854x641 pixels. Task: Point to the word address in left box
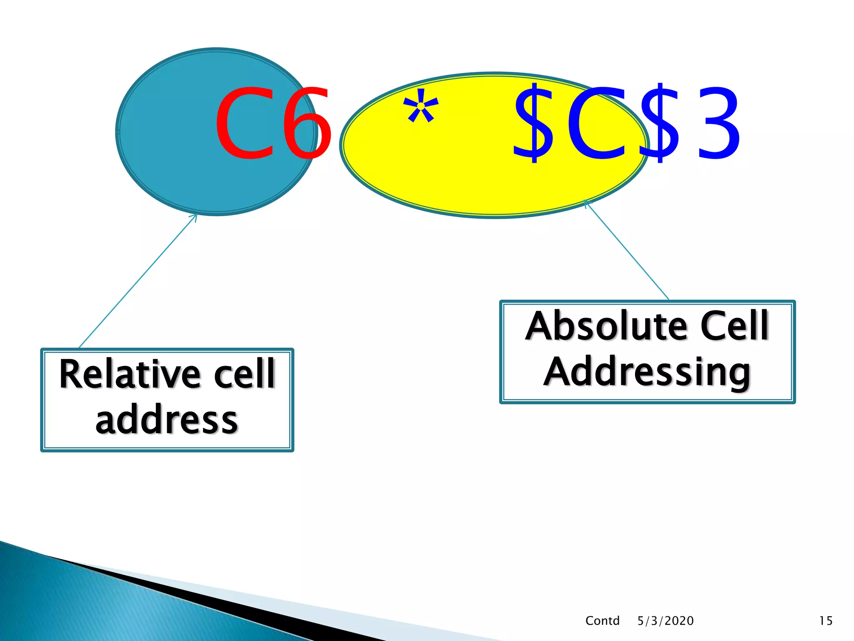167,421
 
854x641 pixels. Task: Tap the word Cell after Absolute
734,326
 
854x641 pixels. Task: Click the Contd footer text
602,621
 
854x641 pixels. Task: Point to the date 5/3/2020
666,621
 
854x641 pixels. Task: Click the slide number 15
825,621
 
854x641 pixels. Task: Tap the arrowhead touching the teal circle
195,216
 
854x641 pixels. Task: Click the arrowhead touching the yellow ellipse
586,202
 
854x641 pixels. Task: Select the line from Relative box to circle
138,280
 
